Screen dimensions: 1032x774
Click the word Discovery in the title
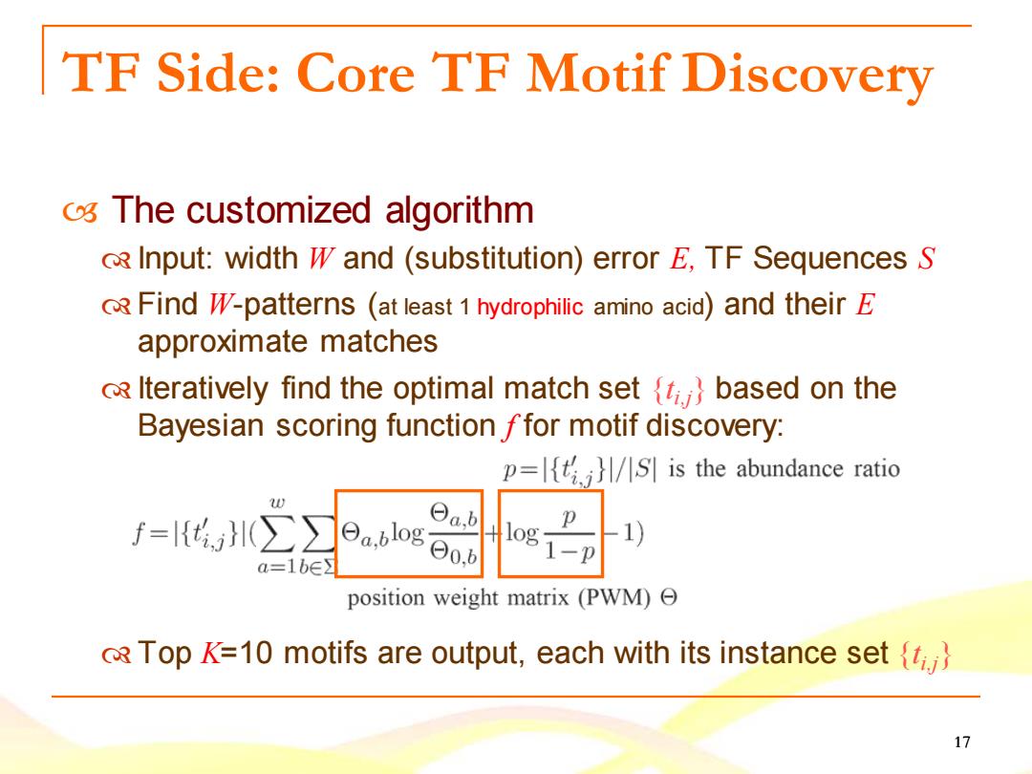click(x=807, y=75)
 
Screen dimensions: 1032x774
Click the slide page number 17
click(x=961, y=742)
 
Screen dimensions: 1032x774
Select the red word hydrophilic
click(x=529, y=307)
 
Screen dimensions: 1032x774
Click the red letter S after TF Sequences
click(x=926, y=258)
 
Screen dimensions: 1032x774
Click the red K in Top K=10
click(x=210, y=653)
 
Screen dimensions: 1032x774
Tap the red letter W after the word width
click(x=320, y=258)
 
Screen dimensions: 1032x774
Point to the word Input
click(x=175, y=259)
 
